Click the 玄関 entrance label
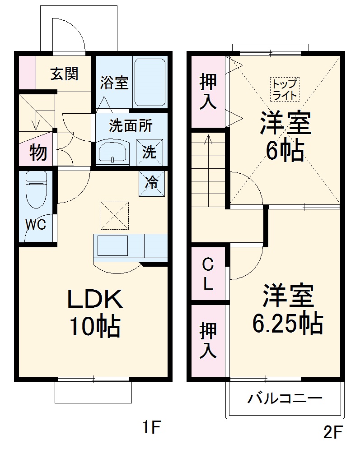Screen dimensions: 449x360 coord(64,74)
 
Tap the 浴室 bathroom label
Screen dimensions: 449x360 coord(114,83)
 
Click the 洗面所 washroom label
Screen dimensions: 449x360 coord(131,126)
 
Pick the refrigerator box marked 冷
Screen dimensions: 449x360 coord(151,183)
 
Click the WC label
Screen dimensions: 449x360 coord(35,225)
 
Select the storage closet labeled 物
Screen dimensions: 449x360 coord(38,153)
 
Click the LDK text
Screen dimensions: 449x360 coord(94,299)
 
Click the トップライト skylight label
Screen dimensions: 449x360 coord(285,89)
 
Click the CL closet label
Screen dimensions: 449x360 coord(207,274)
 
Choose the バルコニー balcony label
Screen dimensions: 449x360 coord(285,398)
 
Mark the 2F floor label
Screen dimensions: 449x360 coord(333,432)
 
